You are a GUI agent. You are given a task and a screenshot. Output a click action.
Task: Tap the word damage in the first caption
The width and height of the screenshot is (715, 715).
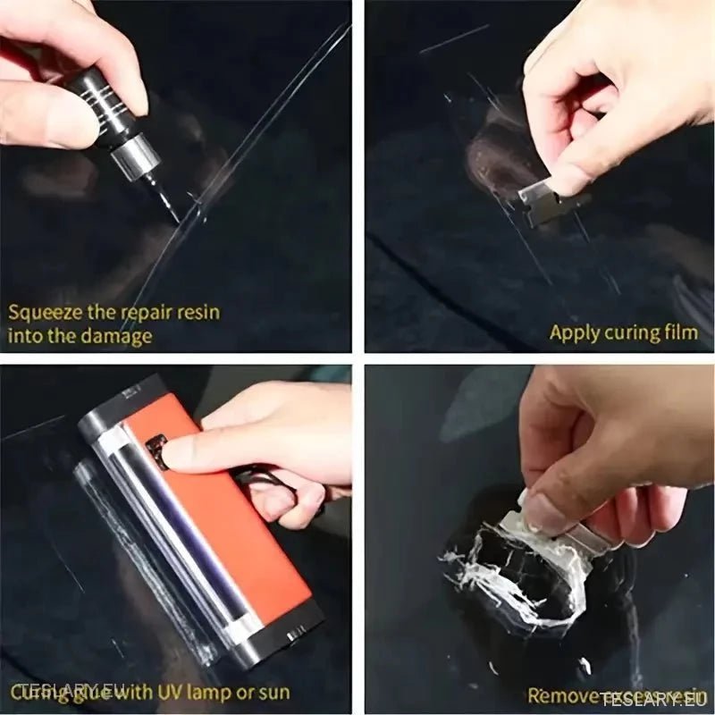pyautogui.click(x=115, y=337)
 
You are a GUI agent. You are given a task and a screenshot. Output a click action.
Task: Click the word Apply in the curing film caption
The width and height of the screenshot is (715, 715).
pyautogui.click(x=575, y=332)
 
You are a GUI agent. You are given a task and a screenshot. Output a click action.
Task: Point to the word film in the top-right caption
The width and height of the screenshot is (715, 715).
pyautogui.click(x=679, y=332)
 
